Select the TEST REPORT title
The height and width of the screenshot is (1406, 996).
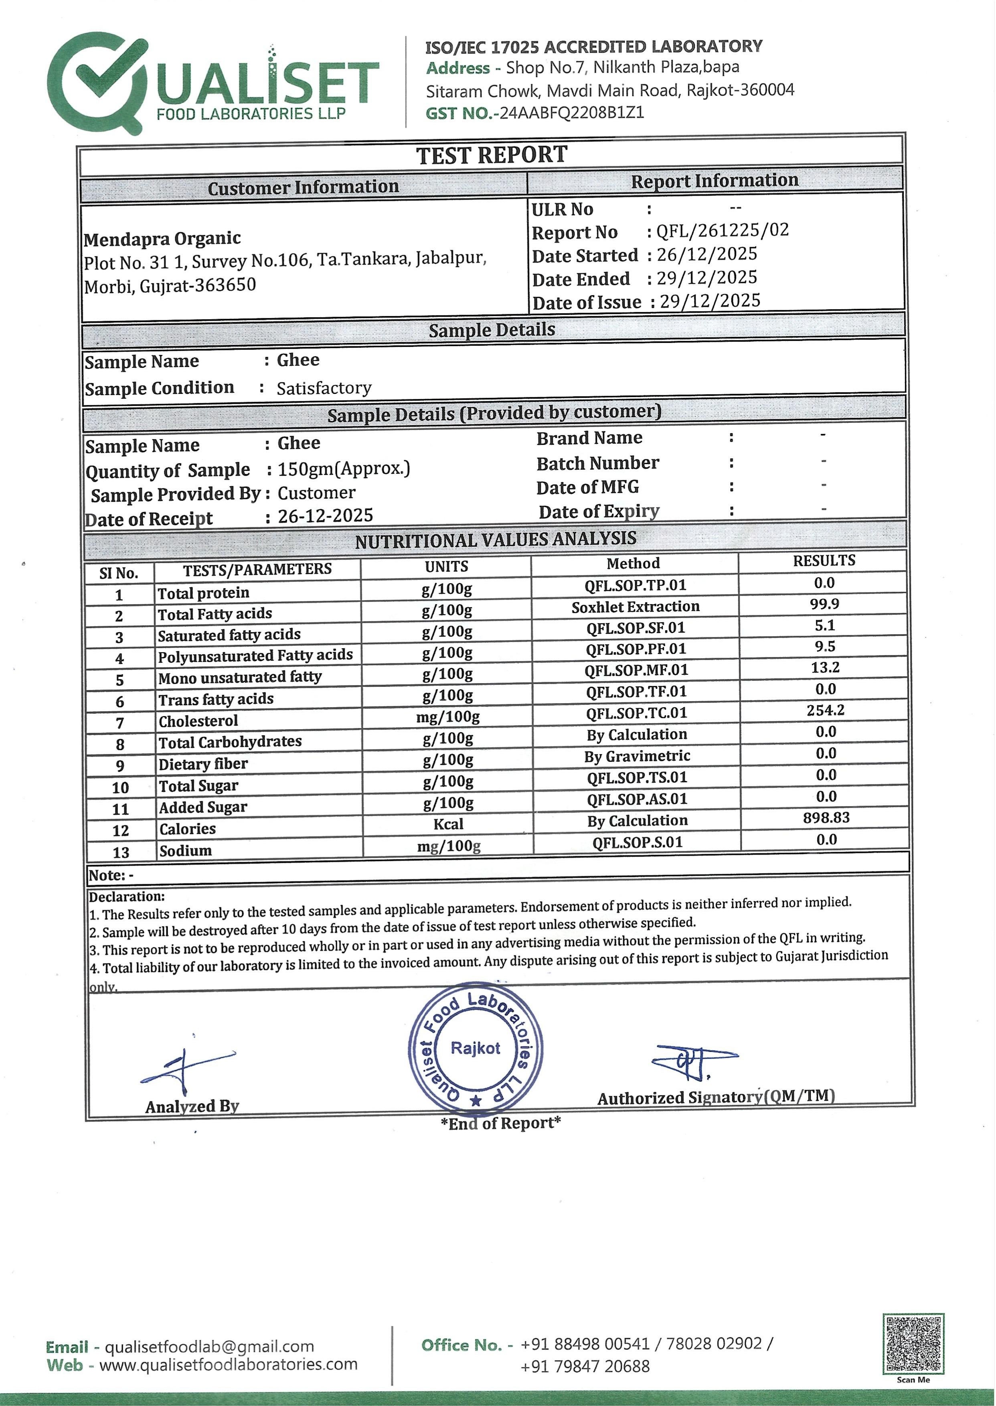tap(492, 155)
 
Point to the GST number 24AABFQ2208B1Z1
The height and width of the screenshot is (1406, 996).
tap(572, 113)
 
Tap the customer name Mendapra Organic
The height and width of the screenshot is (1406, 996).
tap(162, 238)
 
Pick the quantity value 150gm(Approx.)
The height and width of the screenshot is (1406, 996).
tap(344, 469)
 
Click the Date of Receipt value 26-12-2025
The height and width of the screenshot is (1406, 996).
tap(326, 516)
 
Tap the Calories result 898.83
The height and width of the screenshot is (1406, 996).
tap(826, 818)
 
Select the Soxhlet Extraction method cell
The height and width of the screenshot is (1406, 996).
tap(636, 607)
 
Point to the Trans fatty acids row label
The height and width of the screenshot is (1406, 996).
tap(216, 699)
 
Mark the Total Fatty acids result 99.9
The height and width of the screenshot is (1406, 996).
tap(824, 604)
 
